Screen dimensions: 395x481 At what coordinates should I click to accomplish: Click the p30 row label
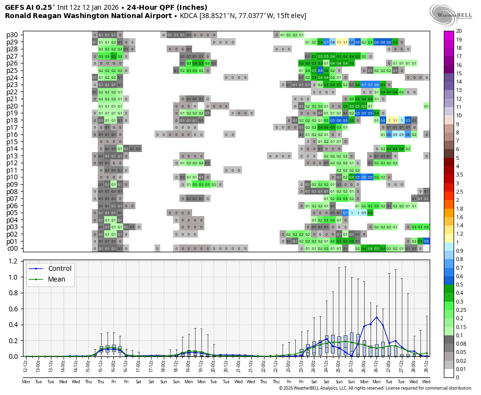tap(12, 35)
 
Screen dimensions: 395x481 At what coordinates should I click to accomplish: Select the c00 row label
tap(12, 248)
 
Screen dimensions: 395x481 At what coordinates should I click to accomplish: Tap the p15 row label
tap(12, 142)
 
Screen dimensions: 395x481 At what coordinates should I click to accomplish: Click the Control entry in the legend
tap(60, 268)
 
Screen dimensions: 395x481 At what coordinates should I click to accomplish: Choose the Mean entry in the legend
tap(56, 279)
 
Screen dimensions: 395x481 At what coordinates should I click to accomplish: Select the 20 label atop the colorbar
tap(459, 31)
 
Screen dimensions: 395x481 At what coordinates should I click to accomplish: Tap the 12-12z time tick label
tap(25, 365)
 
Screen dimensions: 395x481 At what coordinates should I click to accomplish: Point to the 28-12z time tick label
tap(427, 365)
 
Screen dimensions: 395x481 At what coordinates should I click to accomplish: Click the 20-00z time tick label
tap(213, 365)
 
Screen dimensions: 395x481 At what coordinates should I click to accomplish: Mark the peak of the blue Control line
tap(376, 317)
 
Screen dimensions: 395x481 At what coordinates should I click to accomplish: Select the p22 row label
tap(12, 92)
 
